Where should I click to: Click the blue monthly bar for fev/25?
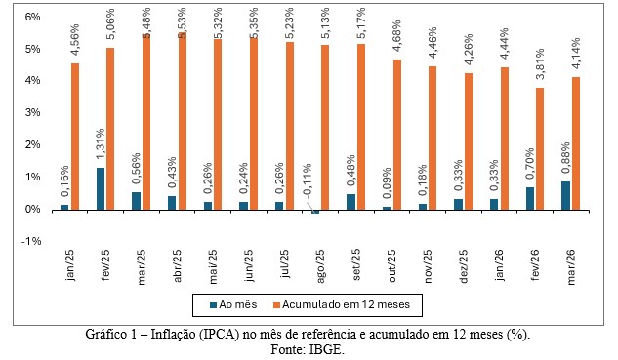tap(101, 188)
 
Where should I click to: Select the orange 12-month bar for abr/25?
tap(183, 121)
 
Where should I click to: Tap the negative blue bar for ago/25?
tap(315, 212)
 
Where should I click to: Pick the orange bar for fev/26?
tap(540, 149)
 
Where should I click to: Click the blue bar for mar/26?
tap(565, 196)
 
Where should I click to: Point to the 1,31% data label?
tap(100, 143)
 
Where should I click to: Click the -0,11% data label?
tap(307, 180)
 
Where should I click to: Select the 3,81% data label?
tap(540, 63)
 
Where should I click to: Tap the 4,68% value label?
tap(396, 35)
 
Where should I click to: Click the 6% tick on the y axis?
tap(33, 17)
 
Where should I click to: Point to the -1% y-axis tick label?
tap(31, 241)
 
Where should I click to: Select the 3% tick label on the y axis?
tap(33, 112)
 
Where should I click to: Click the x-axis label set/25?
tap(356, 264)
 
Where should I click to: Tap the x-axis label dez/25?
tap(463, 266)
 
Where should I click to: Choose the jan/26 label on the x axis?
tap(499, 265)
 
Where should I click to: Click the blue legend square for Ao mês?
tap(213, 304)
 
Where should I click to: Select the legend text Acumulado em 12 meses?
tap(346, 304)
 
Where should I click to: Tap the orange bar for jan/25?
tap(75, 137)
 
